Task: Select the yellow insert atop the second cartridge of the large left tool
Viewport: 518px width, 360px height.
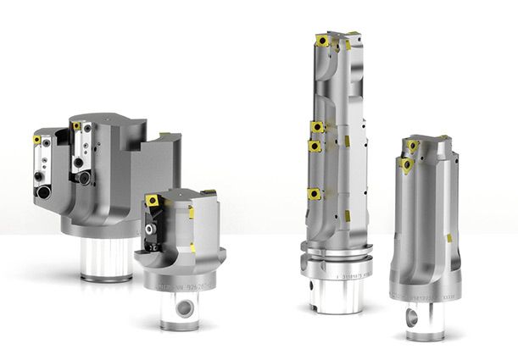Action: (76, 126)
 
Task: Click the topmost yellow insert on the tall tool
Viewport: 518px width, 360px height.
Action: (325, 39)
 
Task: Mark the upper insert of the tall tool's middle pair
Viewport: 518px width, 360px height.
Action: (317, 128)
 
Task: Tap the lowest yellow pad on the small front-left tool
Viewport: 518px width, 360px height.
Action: (189, 249)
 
